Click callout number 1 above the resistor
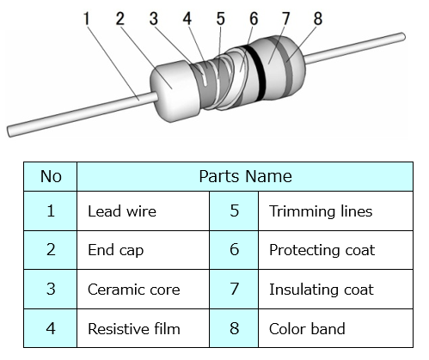click(x=87, y=19)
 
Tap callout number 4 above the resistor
click(x=187, y=19)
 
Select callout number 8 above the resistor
click(x=318, y=19)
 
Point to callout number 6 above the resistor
click(x=254, y=19)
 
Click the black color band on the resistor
click(x=256, y=74)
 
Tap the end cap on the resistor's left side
click(x=175, y=91)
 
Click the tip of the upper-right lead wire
click(x=403, y=37)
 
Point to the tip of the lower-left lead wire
click(x=10, y=131)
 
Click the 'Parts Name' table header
click(x=245, y=176)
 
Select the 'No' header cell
click(x=51, y=176)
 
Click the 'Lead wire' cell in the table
click(x=144, y=211)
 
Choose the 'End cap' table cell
click(x=144, y=250)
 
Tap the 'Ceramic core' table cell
click(x=144, y=290)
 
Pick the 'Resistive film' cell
click(x=144, y=328)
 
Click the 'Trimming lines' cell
click(x=335, y=211)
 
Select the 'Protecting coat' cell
click(x=335, y=250)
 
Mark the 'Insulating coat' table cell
click(x=335, y=290)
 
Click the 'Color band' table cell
click(x=335, y=328)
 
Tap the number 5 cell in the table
click(x=234, y=211)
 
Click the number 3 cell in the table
click(x=51, y=290)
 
